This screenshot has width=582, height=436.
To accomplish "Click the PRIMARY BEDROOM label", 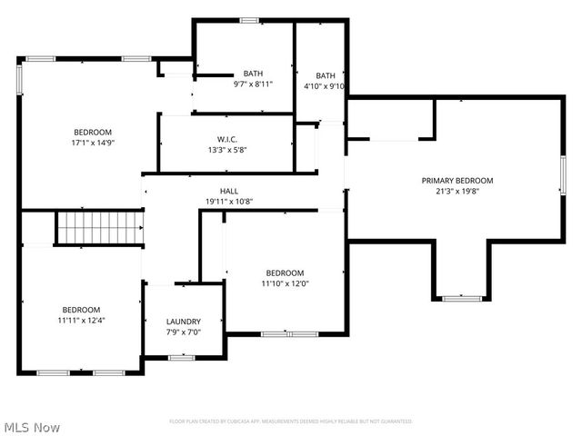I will point(457,180).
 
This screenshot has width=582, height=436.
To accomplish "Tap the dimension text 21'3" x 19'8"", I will point(457,192).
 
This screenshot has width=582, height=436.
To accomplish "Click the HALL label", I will point(216,191).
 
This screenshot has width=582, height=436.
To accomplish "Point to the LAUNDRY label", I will point(183,322).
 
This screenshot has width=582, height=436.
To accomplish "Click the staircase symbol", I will point(100,228).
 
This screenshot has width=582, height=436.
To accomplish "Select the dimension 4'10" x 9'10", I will point(326,87).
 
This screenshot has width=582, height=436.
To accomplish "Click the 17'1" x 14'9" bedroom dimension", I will point(93,143).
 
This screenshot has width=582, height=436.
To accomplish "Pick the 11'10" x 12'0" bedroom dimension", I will point(285,284).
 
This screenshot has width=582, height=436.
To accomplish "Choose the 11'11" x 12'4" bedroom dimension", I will point(81,321).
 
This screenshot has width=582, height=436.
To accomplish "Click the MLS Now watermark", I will point(32,426).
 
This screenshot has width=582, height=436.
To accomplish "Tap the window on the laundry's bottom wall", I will point(182,357).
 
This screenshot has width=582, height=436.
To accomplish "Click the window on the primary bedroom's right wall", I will point(563,174).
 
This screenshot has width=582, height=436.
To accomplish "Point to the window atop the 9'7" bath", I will point(248,20).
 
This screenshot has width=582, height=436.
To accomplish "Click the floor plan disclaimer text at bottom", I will point(291,421).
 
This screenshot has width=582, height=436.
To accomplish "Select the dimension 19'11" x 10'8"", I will point(216,202).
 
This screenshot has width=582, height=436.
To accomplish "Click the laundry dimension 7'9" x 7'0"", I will point(183,333).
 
